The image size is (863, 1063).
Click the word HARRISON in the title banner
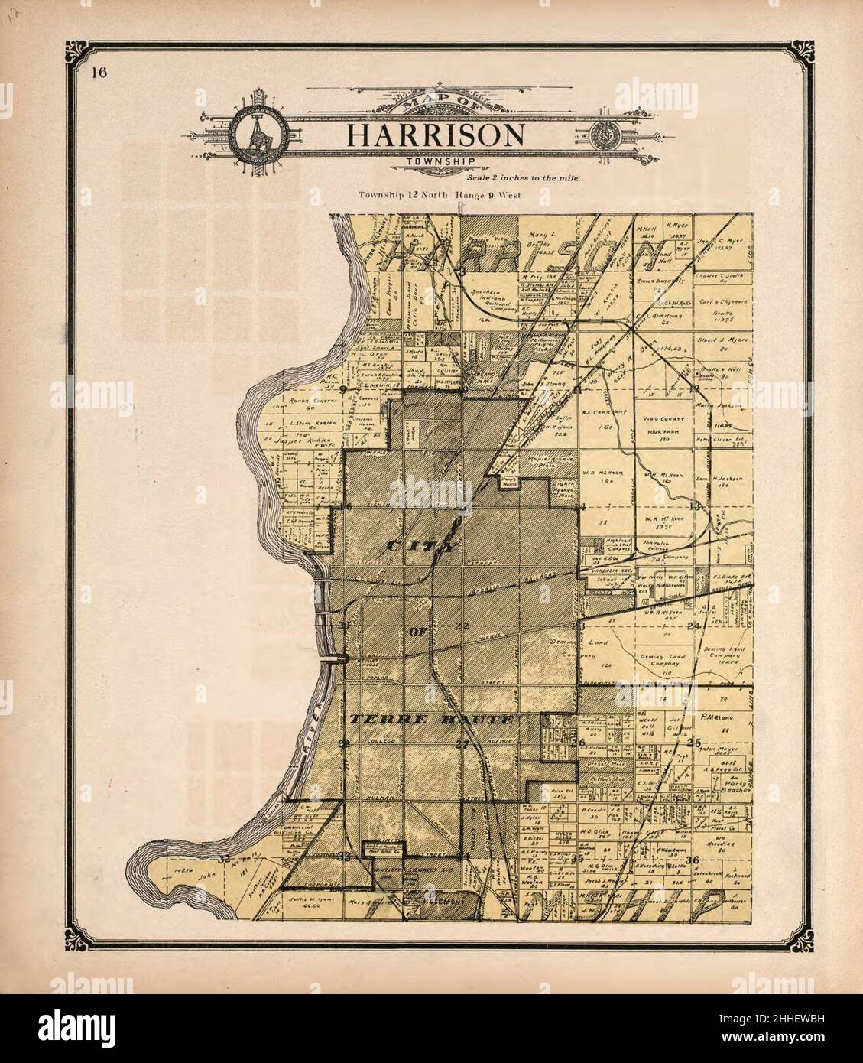[435, 135]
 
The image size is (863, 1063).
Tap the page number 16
[97, 73]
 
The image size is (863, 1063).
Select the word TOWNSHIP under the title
[440, 161]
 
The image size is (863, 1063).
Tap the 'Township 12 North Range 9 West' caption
[440, 196]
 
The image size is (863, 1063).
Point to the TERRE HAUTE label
[430, 720]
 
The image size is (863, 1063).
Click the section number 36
[693, 859]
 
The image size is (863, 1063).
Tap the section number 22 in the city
[460, 626]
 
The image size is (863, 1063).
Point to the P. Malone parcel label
[712, 719]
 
